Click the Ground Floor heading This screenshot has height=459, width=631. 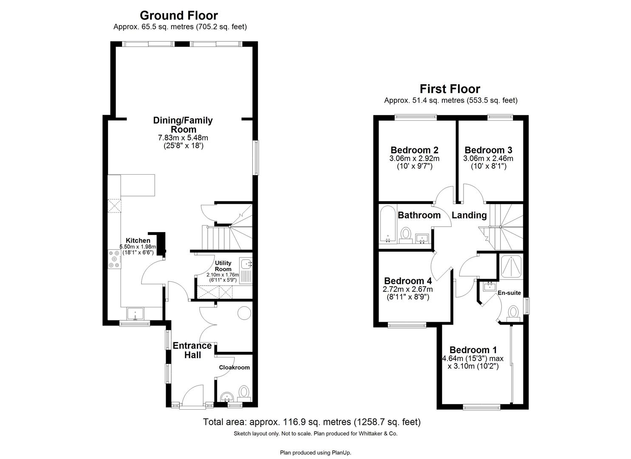tap(178, 16)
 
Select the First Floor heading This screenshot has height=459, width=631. tap(450, 89)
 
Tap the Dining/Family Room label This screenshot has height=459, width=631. tap(183, 125)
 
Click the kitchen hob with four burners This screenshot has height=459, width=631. tap(114, 259)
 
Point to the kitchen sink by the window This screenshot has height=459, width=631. tap(136, 314)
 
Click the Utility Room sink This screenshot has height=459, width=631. tap(246, 265)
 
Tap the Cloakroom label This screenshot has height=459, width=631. tap(234, 367)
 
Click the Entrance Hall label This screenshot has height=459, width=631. tap(192, 350)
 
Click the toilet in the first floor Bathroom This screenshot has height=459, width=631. tap(406, 234)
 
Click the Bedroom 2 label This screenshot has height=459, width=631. tap(414, 150)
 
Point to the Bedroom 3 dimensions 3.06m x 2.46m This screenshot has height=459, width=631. tap(488, 159)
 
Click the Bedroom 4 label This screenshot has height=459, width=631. tap(407, 281)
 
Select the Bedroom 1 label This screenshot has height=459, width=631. tap(473, 350)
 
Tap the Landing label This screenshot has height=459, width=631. tap(469, 215)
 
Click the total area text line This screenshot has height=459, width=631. tap(311, 422)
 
